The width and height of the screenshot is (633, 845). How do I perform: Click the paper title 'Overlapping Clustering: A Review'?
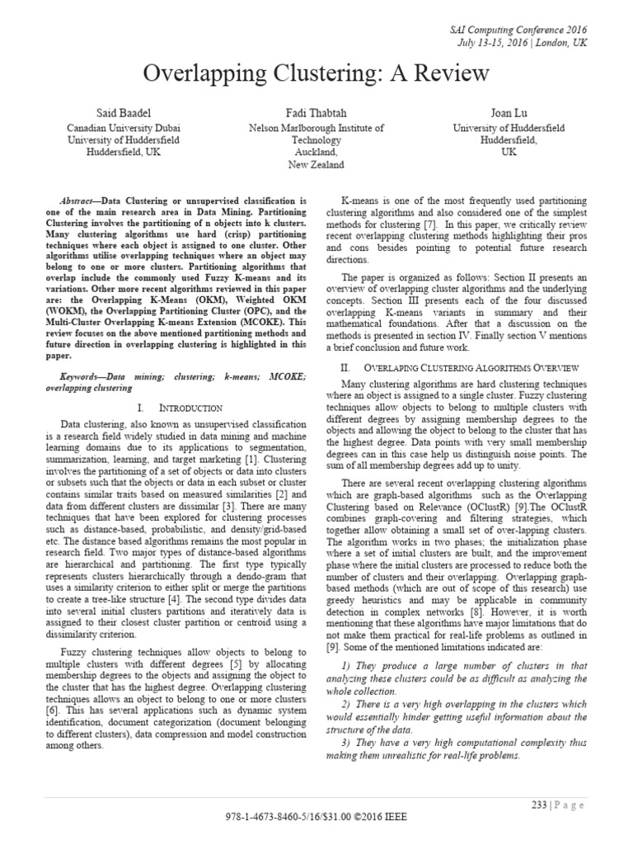pyautogui.click(x=316, y=74)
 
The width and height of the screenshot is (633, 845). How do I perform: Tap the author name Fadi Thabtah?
pyautogui.click(x=316, y=111)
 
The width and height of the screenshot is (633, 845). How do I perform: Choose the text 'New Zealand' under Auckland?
pyautogui.click(x=316, y=165)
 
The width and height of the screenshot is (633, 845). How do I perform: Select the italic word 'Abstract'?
pyautogui.click(x=82, y=201)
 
